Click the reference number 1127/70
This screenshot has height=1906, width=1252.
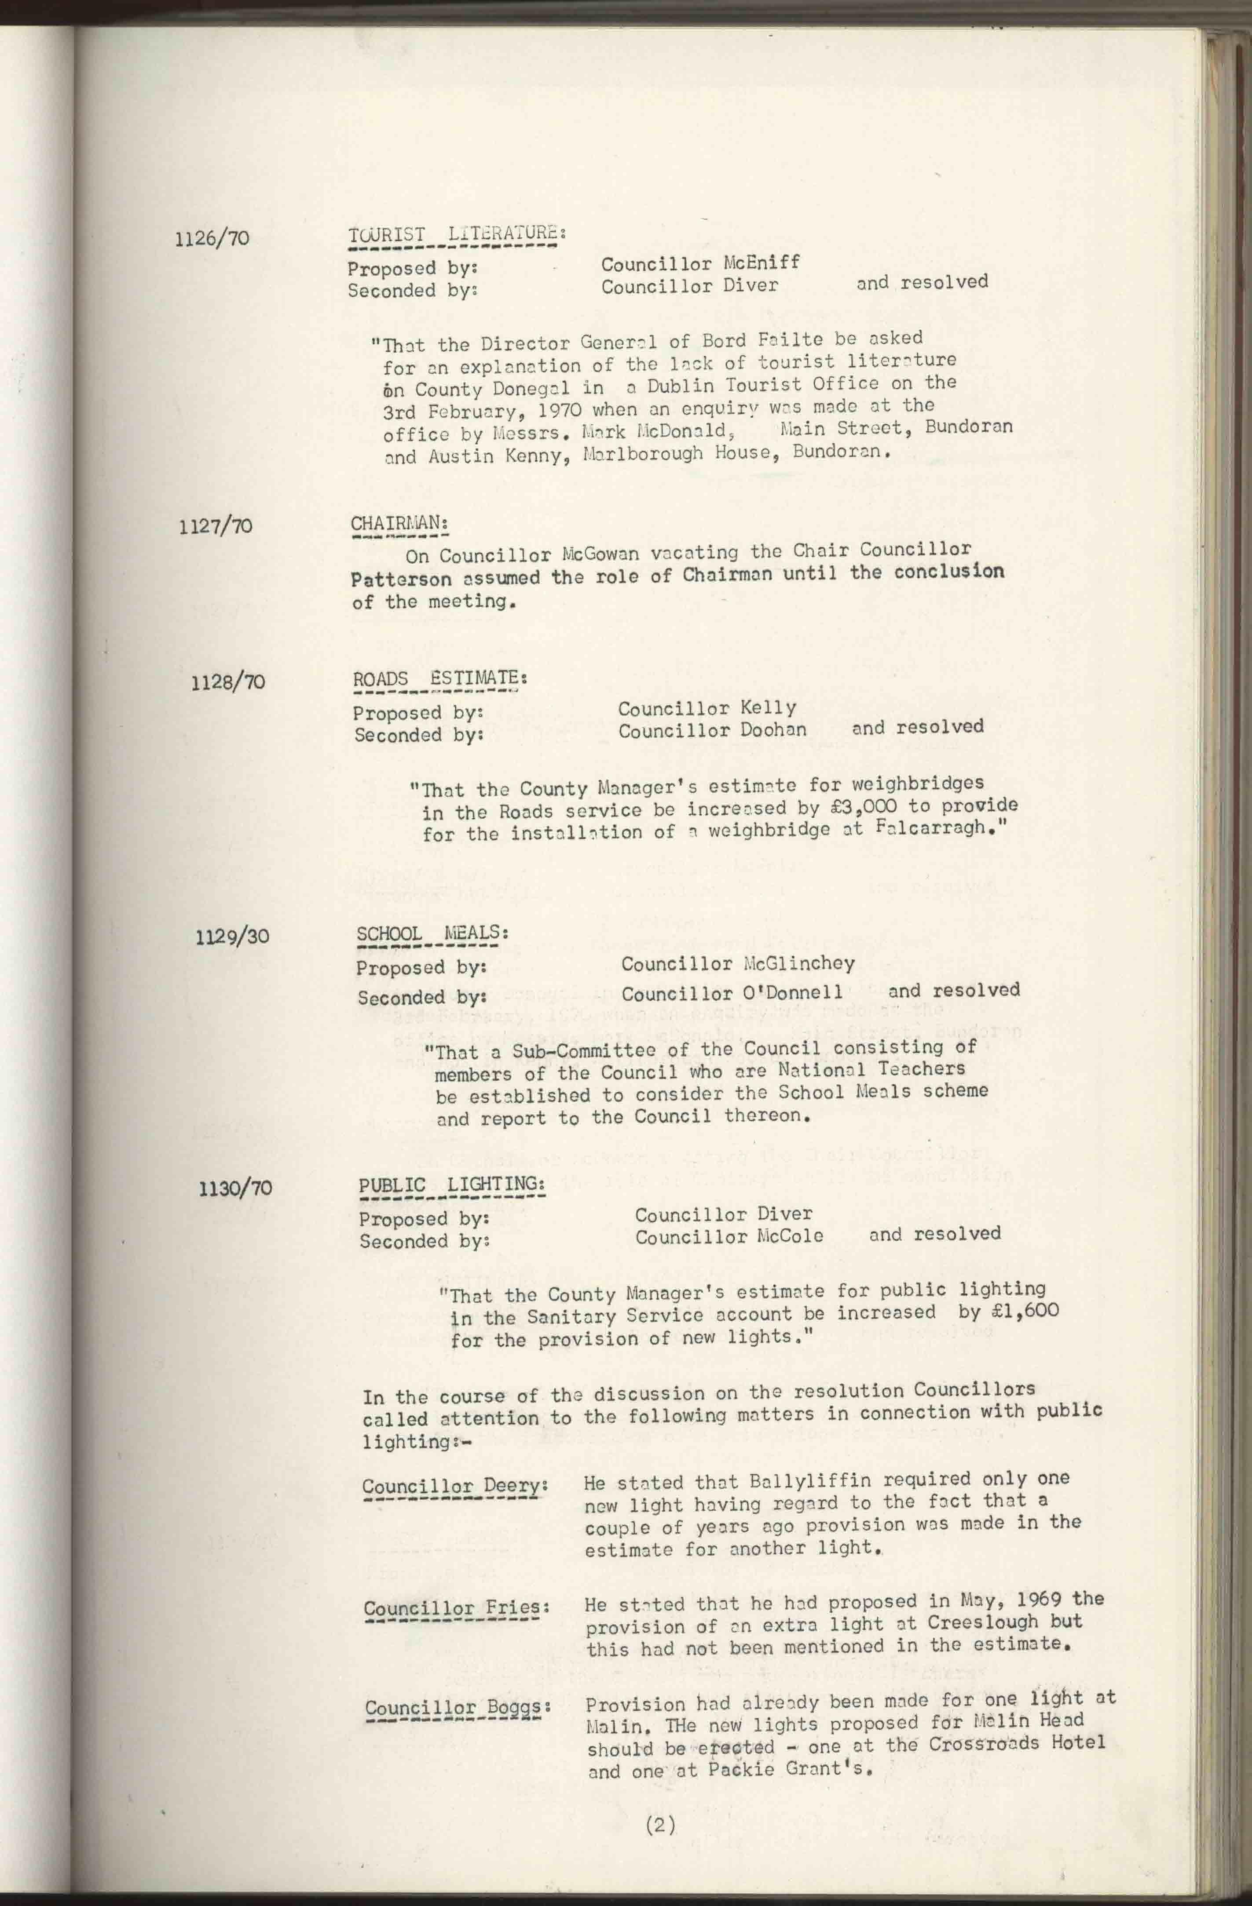point(216,526)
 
